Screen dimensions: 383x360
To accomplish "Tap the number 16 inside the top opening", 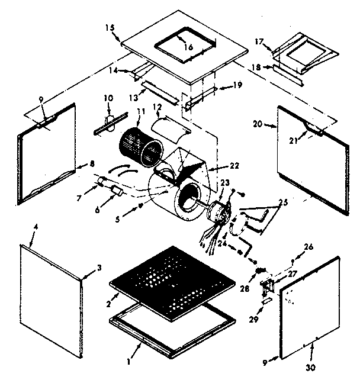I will point(188,46).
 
